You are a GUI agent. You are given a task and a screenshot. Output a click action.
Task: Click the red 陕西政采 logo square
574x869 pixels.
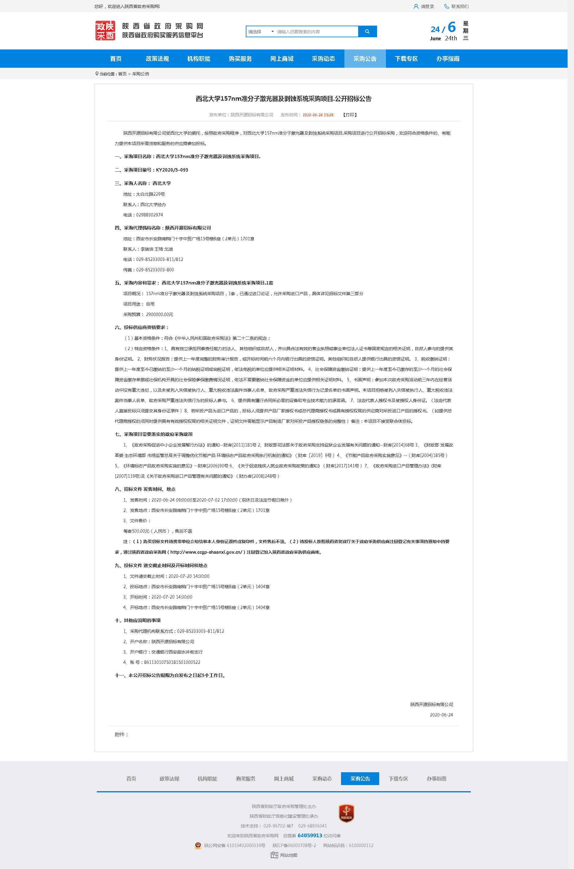pyautogui.click(x=105, y=31)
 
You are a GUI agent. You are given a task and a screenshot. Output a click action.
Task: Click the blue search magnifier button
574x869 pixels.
pyautogui.click(x=367, y=31)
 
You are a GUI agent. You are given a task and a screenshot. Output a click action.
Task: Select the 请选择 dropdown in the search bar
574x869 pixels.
pyautogui.click(x=261, y=32)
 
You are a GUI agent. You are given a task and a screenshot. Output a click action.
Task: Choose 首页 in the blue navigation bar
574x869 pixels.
pyautogui.click(x=116, y=59)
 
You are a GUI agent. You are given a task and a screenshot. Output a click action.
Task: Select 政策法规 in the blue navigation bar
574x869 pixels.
pyautogui.click(x=157, y=59)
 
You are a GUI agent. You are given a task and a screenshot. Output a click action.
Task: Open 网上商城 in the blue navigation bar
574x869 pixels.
pyautogui.click(x=282, y=59)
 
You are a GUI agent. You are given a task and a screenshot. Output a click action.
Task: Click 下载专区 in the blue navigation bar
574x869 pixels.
pyautogui.click(x=406, y=59)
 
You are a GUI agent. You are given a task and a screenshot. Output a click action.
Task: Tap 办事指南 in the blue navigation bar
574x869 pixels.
pyautogui.click(x=448, y=59)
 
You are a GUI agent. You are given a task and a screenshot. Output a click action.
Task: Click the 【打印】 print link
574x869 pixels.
pyautogui.click(x=350, y=115)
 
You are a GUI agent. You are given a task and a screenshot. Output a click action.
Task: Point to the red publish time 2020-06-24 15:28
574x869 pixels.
pyautogui.click(x=318, y=115)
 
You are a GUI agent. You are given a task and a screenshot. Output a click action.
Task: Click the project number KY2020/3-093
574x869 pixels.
pyautogui.click(x=172, y=170)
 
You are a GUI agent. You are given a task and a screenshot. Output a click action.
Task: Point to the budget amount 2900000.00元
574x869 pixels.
pyautogui.click(x=160, y=314)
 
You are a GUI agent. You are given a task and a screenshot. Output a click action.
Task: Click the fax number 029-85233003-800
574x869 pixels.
pyautogui.click(x=155, y=270)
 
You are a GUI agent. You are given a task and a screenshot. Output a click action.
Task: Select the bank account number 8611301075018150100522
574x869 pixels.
pyautogui.click(x=172, y=662)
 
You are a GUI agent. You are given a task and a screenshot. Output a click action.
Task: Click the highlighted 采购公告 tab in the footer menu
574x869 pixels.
pyautogui.click(x=360, y=779)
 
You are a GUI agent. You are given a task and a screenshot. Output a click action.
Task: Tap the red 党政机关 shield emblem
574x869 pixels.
pyautogui.click(x=346, y=813)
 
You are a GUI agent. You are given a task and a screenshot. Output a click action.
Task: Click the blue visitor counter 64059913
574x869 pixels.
pyautogui.click(x=310, y=836)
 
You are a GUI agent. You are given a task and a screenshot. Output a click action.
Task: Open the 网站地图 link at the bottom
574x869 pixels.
pyautogui.click(x=289, y=855)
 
